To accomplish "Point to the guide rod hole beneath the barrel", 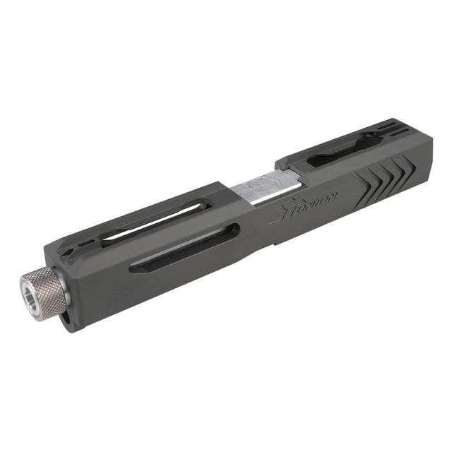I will [65, 319].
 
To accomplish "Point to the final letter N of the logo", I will [334, 193].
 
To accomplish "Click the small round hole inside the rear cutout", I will [368, 138].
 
